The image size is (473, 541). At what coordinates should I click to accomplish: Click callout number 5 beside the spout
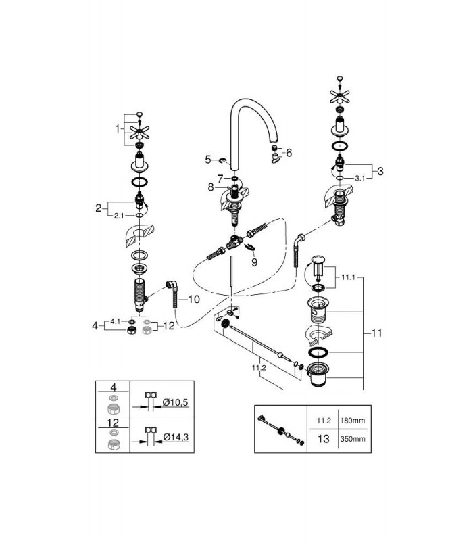tap(208, 160)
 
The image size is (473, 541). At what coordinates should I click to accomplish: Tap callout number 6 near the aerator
tap(289, 153)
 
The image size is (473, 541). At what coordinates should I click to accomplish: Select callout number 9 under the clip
tap(254, 262)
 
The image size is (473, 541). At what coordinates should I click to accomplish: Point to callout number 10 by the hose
tap(194, 299)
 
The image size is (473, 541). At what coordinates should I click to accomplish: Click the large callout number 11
tap(377, 333)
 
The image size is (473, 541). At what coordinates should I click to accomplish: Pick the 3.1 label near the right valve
tap(359, 179)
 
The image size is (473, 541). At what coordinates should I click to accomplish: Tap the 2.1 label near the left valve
tap(119, 216)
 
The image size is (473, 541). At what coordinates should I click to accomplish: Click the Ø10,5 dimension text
tap(176, 402)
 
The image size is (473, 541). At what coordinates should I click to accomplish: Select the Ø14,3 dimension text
tap(176, 437)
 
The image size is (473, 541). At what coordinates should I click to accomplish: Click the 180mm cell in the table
tap(352, 421)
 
